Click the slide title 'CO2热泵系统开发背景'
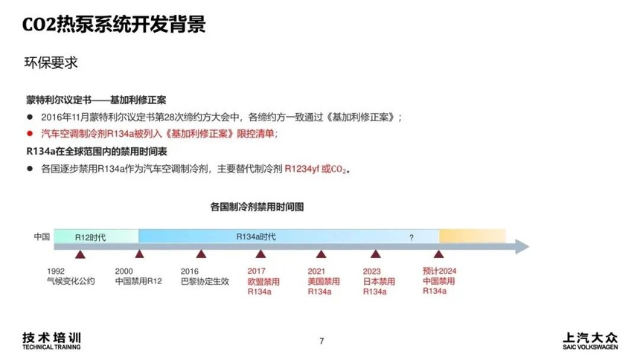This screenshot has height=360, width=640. click(x=114, y=24)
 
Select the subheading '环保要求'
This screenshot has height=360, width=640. click(x=51, y=63)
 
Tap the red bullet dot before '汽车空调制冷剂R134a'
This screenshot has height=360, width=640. click(x=29, y=133)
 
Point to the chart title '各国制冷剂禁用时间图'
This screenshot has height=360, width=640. click(x=257, y=207)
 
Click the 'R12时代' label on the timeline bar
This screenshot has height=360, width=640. click(x=90, y=237)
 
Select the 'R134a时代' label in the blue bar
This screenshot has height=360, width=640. click(x=256, y=237)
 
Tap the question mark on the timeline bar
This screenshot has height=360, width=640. click(x=412, y=237)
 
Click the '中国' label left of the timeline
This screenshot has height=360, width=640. click(x=42, y=237)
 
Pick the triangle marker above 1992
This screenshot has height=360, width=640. click(x=80, y=254)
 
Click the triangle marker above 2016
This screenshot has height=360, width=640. click(x=201, y=254)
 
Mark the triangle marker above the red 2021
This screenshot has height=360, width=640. click(x=321, y=254)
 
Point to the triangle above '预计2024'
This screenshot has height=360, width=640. click(x=439, y=254)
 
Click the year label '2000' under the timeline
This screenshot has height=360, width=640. click(x=124, y=271)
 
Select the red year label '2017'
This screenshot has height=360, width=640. click(x=256, y=271)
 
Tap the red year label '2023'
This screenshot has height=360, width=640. click(x=371, y=271)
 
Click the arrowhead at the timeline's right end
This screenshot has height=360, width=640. click(x=522, y=246)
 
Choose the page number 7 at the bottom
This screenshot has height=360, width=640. click(x=321, y=341)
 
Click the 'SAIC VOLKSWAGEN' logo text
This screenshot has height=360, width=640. click(x=590, y=347)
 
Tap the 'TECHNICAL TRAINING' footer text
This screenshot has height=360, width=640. click(x=51, y=347)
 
